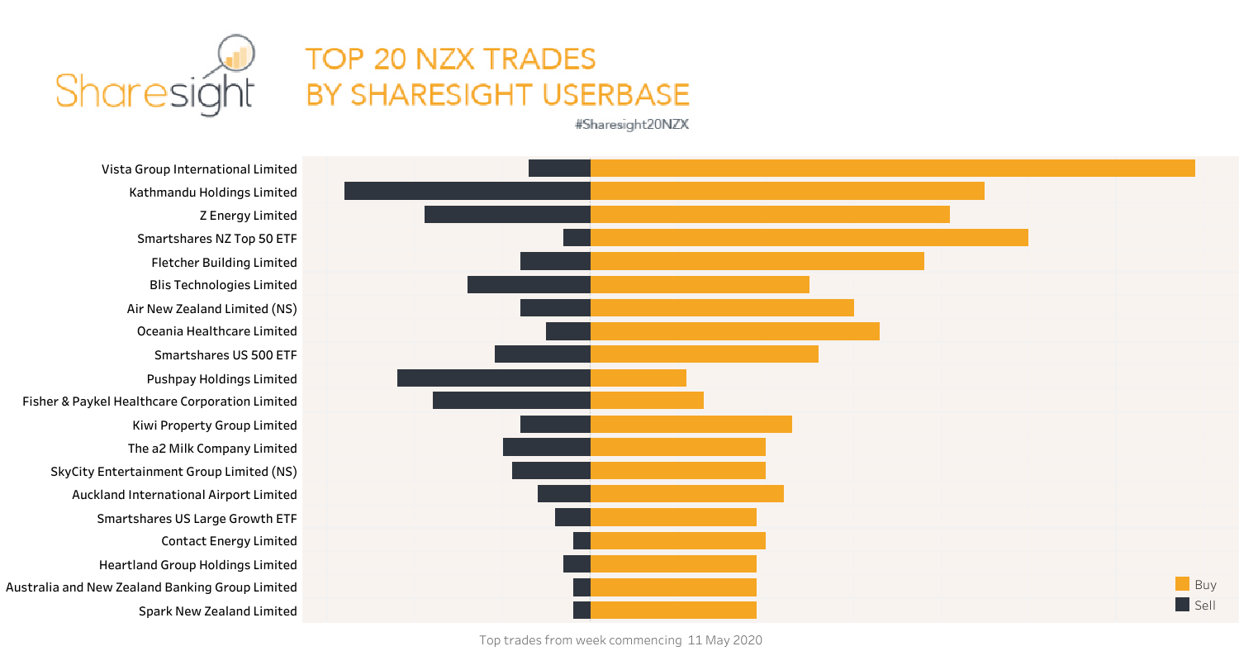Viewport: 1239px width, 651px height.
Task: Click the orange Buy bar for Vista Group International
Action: pos(892,169)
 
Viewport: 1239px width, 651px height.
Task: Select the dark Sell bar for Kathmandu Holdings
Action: pos(468,192)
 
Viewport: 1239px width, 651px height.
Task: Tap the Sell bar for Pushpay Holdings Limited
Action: pos(494,378)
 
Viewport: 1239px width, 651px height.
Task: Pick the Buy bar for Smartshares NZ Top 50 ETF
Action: pos(809,238)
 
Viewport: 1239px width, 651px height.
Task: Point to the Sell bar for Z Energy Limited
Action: pos(507,215)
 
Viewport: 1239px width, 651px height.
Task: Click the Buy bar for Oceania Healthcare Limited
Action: pos(735,331)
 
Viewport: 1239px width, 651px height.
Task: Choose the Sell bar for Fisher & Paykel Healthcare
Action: pos(511,401)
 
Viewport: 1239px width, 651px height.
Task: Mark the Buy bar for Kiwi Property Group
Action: pos(691,425)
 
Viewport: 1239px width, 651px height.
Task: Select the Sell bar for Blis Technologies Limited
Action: pos(529,285)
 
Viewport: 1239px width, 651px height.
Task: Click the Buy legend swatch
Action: pos(1182,584)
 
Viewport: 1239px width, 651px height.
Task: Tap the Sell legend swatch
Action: pos(1182,606)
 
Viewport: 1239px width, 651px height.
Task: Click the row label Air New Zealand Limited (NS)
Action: pos(211,308)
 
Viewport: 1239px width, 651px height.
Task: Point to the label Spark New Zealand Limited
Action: pos(217,611)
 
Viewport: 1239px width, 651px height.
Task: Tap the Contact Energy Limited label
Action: pos(229,541)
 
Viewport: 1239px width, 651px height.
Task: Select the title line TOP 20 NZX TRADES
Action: pos(450,59)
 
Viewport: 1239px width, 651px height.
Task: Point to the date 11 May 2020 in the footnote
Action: pos(724,640)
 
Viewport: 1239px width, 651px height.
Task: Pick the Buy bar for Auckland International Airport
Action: pos(687,494)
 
